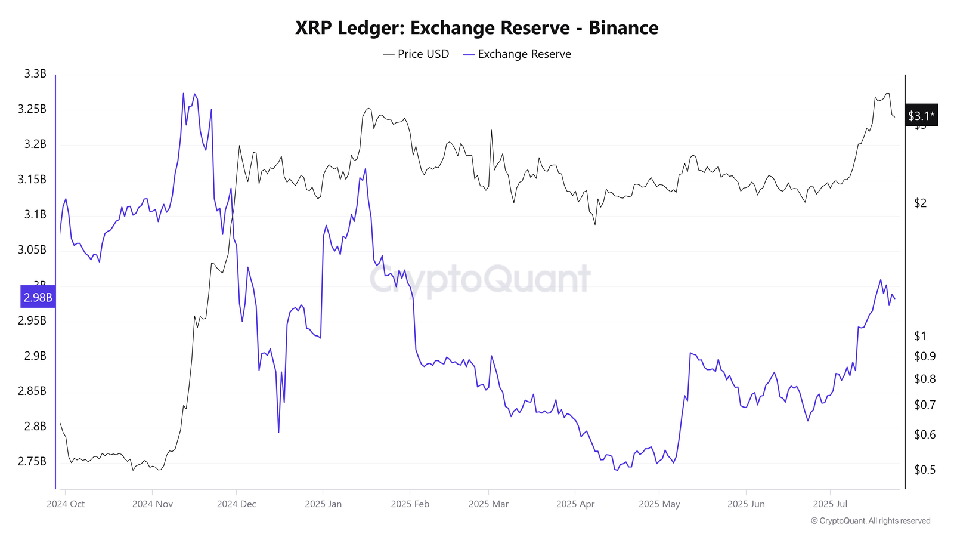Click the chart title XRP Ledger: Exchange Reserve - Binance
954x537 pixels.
[x=476, y=28]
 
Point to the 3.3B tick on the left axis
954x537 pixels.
[x=35, y=74]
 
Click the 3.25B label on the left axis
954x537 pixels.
[x=32, y=109]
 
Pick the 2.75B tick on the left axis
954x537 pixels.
[x=32, y=461]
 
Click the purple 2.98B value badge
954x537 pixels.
[x=38, y=297]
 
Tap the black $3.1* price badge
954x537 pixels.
[x=921, y=116]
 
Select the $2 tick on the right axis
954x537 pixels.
[x=921, y=203]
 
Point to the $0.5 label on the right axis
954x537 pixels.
[x=925, y=470]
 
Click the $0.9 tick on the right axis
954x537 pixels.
[x=925, y=357]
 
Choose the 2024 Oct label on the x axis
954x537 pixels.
[x=66, y=504]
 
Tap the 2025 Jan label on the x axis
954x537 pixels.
[x=323, y=504]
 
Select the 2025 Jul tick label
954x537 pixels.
[x=830, y=504]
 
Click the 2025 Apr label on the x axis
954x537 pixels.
[x=575, y=504]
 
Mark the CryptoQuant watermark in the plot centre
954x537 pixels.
[x=480, y=279]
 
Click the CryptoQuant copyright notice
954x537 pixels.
[x=871, y=521]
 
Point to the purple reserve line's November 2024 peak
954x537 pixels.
[x=183, y=94]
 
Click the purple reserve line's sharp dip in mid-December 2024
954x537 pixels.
[x=278, y=432]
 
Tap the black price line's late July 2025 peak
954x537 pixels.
[x=888, y=94]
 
